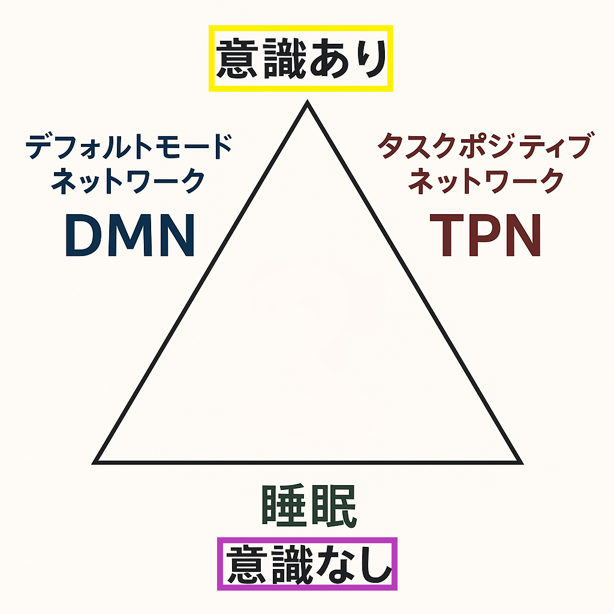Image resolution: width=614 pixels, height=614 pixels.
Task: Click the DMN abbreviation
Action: (x=130, y=236)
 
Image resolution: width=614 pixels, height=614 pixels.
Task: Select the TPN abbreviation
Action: (x=486, y=236)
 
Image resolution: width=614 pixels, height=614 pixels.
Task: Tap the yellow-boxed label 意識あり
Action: (x=300, y=59)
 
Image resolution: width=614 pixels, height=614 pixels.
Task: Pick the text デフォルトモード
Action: (x=129, y=148)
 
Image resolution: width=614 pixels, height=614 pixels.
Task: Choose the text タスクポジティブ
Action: (x=484, y=148)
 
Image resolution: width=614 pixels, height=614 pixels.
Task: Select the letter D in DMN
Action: (x=83, y=236)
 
